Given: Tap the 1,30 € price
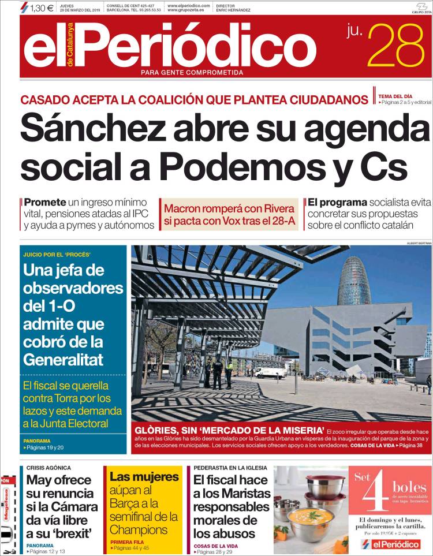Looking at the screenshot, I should click(41, 8).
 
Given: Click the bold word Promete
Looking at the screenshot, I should click(45, 203).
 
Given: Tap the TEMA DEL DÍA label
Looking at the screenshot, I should click(395, 96).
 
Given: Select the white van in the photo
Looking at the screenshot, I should click(270, 372).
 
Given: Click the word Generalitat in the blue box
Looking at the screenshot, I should click(64, 359).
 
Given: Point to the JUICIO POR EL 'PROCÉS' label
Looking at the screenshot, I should click(57, 255).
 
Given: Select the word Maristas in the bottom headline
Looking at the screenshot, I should click(232, 493).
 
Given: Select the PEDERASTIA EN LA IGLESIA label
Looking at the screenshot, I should click(231, 468).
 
